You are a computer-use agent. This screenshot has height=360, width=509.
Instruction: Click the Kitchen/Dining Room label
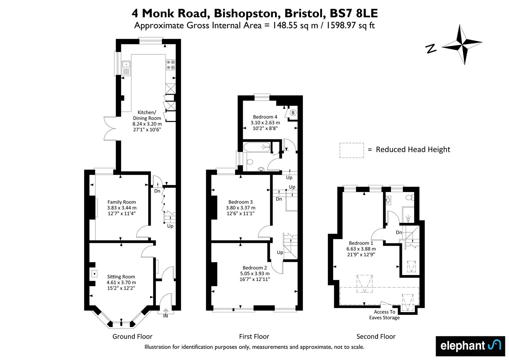[x=147, y=115]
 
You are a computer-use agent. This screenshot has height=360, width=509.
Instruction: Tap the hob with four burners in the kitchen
[x=171, y=65]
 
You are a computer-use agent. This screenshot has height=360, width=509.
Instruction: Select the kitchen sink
[x=126, y=68]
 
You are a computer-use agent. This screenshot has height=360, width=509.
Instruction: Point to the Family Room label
[x=121, y=202]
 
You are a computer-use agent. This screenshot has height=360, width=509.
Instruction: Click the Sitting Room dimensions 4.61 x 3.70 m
[x=121, y=282]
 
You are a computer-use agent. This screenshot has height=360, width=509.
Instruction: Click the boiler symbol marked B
[x=293, y=113]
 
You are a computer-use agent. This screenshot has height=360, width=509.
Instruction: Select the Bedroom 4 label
[x=265, y=117]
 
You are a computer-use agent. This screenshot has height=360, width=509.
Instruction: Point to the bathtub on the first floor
[x=257, y=147]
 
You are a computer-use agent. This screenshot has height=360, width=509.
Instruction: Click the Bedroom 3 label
[x=240, y=202]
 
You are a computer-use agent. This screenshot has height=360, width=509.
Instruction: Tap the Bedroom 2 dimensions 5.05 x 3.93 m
[x=255, y=273]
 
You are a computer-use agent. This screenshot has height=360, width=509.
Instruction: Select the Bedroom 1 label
[x=361, y=243]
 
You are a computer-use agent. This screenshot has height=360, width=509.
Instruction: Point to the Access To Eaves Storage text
[x=384, y=315]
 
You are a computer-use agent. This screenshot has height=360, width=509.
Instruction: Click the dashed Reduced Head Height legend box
[x=352, y=150]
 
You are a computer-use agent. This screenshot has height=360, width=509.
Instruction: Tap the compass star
[x=462, y=45]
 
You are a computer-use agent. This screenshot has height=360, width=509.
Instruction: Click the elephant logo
[x=471, y=346]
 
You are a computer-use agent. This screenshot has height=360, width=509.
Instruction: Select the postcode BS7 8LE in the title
[x=354, y=13]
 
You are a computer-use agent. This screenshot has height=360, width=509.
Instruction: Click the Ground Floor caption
[x=132, y=336]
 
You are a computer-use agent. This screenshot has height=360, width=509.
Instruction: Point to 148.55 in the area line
[x=285, y=25]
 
